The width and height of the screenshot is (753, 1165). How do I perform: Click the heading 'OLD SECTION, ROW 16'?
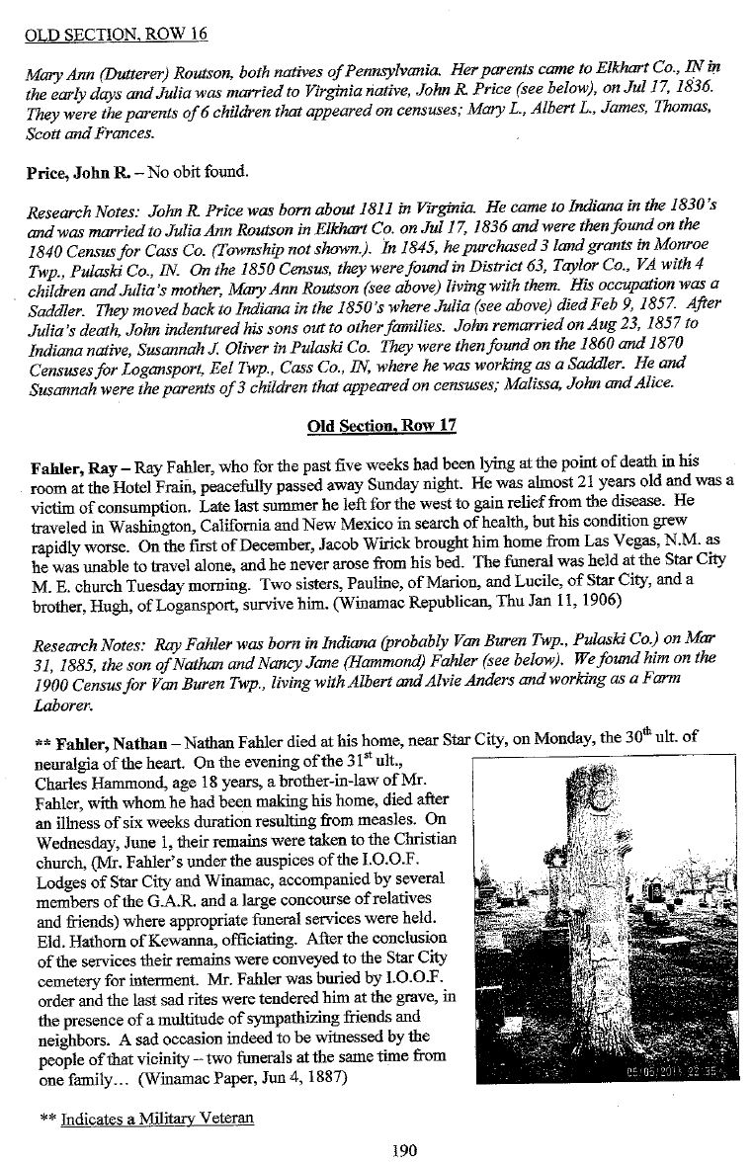99,12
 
